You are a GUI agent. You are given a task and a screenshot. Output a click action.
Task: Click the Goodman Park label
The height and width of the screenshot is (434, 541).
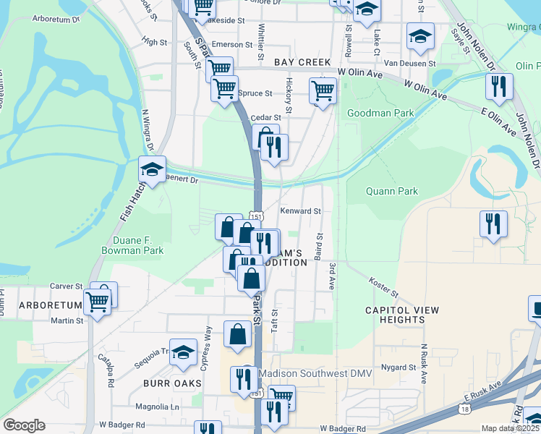tap(380, 114)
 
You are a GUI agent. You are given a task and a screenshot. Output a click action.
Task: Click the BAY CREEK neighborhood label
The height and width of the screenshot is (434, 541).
tap(302, 63)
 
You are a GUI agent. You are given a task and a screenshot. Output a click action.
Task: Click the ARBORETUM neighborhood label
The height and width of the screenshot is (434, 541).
tap(48, 305)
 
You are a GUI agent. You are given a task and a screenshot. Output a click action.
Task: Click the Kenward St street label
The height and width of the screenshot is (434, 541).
tap(300, 211)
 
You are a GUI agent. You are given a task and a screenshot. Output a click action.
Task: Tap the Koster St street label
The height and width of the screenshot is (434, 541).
tap(383, 287)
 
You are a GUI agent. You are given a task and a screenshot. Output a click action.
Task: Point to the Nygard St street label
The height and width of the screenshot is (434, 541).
tap(397, 367)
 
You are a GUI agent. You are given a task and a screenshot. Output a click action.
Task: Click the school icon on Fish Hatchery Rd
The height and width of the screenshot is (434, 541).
tap(152, 170)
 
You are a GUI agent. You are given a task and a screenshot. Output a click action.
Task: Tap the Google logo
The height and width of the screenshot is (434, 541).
tap(24, 425)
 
